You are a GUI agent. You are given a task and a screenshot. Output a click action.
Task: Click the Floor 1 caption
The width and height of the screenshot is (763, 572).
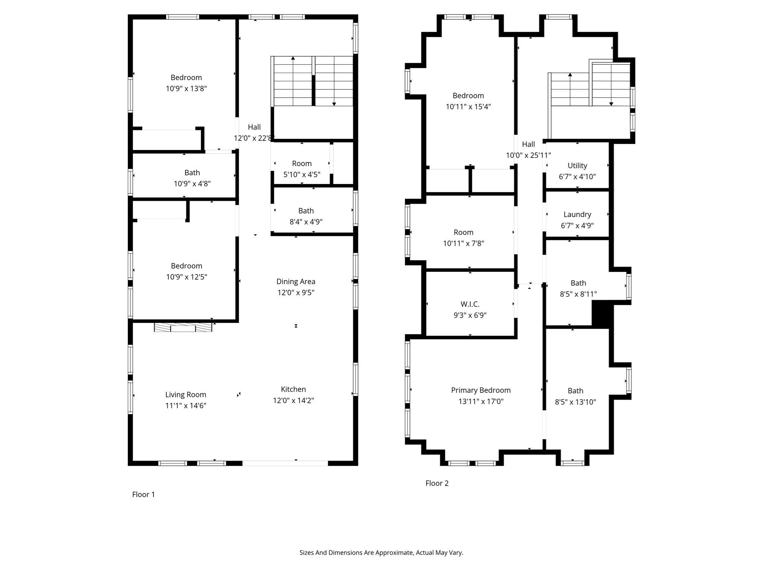pyautogui.click(x=143, y=494)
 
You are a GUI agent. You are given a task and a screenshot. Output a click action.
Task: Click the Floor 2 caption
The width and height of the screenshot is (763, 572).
pyautogui.click(x=437, y=483)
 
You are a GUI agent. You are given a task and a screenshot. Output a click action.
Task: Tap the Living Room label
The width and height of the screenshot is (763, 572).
pyautogui.click(x=186, y=394)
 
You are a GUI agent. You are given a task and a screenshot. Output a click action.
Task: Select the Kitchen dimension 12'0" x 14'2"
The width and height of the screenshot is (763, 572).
pyautogui.click(x=293, y=400)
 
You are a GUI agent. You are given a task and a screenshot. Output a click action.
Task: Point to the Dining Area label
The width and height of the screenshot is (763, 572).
pyautogui.click(x=295, y=282)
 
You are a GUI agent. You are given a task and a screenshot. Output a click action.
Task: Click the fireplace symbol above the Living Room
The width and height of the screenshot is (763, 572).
pyautogui.click(x=183, y=327)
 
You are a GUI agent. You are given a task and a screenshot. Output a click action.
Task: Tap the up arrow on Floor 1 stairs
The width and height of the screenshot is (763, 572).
pyautogui.click(x=293, y=58)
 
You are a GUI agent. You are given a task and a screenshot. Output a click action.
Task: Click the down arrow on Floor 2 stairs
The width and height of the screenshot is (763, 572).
pyautogui.click(x=611, y=104)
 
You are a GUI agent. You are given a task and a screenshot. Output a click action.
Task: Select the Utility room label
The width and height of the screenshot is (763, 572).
pyautogui.click(x=577, y=166)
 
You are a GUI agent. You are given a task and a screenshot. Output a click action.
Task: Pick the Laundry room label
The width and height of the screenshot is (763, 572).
pyautogui.click(x=577, y=214)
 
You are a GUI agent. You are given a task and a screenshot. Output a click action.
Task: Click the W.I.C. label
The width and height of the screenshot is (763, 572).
pyautogui.click(x=470, y=304)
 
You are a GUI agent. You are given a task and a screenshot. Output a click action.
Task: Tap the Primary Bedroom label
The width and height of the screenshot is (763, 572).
pyautogui.click(x=481, y=390)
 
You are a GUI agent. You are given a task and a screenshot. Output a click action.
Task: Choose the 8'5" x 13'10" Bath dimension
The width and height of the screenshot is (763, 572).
pyautogui.click(x=575, y=402)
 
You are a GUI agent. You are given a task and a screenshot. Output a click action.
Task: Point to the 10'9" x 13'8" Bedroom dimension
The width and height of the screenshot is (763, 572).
pyautogui.click(x=186, y=89)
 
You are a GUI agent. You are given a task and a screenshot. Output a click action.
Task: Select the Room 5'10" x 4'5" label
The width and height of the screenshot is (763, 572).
pyautogui.click(x=301, y=163)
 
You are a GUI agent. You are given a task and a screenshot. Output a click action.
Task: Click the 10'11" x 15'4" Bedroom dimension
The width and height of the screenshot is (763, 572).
pyautogui.click(x=468, y=107)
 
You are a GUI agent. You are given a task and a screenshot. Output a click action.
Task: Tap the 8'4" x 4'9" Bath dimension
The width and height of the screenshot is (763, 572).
pyautogui.click(x=306, y=222)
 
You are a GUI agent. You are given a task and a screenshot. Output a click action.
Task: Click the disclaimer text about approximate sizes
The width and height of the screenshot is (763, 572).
pyautogui.click(x=381, y=553)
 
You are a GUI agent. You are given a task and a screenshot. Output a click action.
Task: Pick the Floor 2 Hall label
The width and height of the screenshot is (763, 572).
pyautogui.click(x=528, y=144)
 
